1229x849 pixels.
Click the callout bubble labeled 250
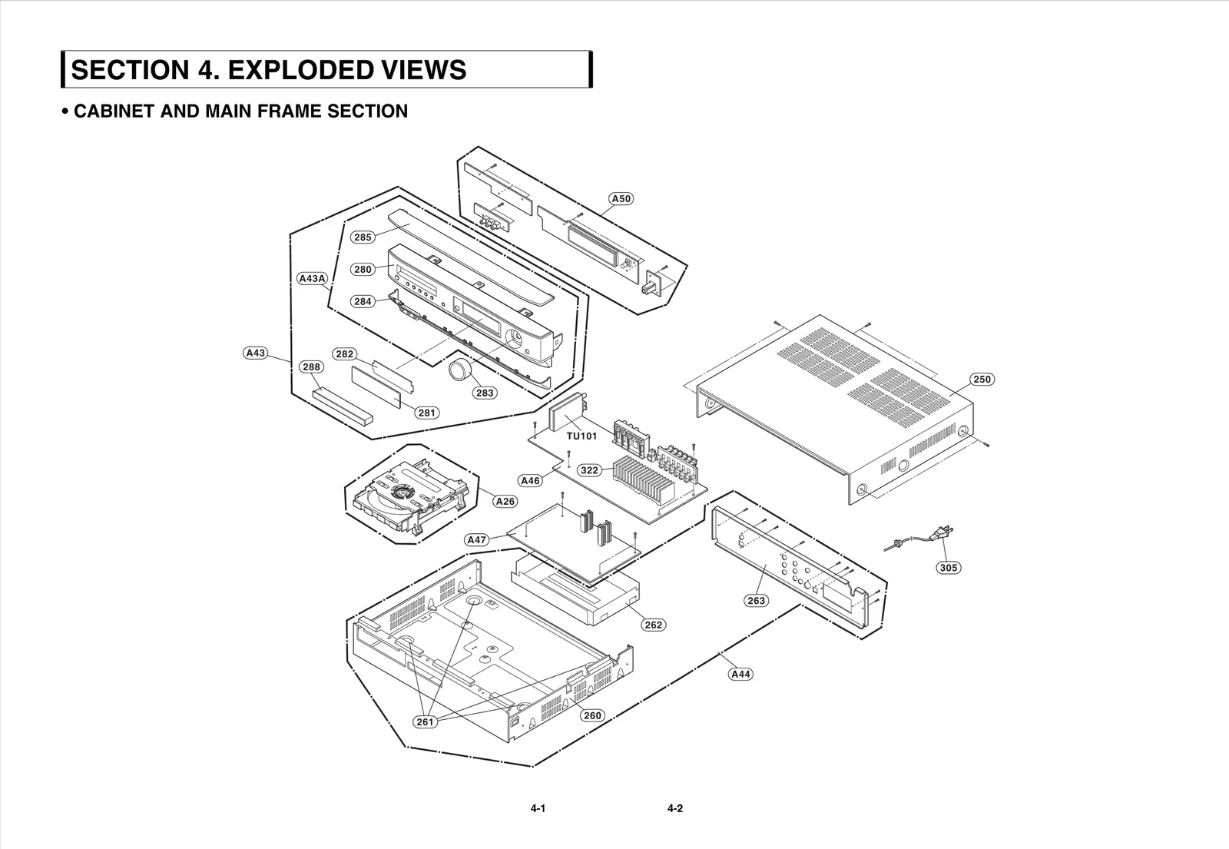[x=982, y=379]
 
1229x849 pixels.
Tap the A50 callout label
[x=621, y=199]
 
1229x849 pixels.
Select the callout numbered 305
[x=949, y=568]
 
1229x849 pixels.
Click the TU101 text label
[x=582, y=436]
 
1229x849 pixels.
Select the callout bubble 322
[x=589, y=470]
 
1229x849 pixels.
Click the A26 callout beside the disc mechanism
[x=505, y=501]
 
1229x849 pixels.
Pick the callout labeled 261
[x=425, y=721]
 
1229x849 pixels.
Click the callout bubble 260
[x=591, y=715]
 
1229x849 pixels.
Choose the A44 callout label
[x=740, y=674]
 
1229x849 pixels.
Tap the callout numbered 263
[x=756, y=600]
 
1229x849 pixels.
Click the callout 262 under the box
[x=653, y=625]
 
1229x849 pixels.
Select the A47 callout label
[x=477, y=540]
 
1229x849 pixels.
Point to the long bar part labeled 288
[x=342, y=405]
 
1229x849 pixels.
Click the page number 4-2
[x=675, y=808]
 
